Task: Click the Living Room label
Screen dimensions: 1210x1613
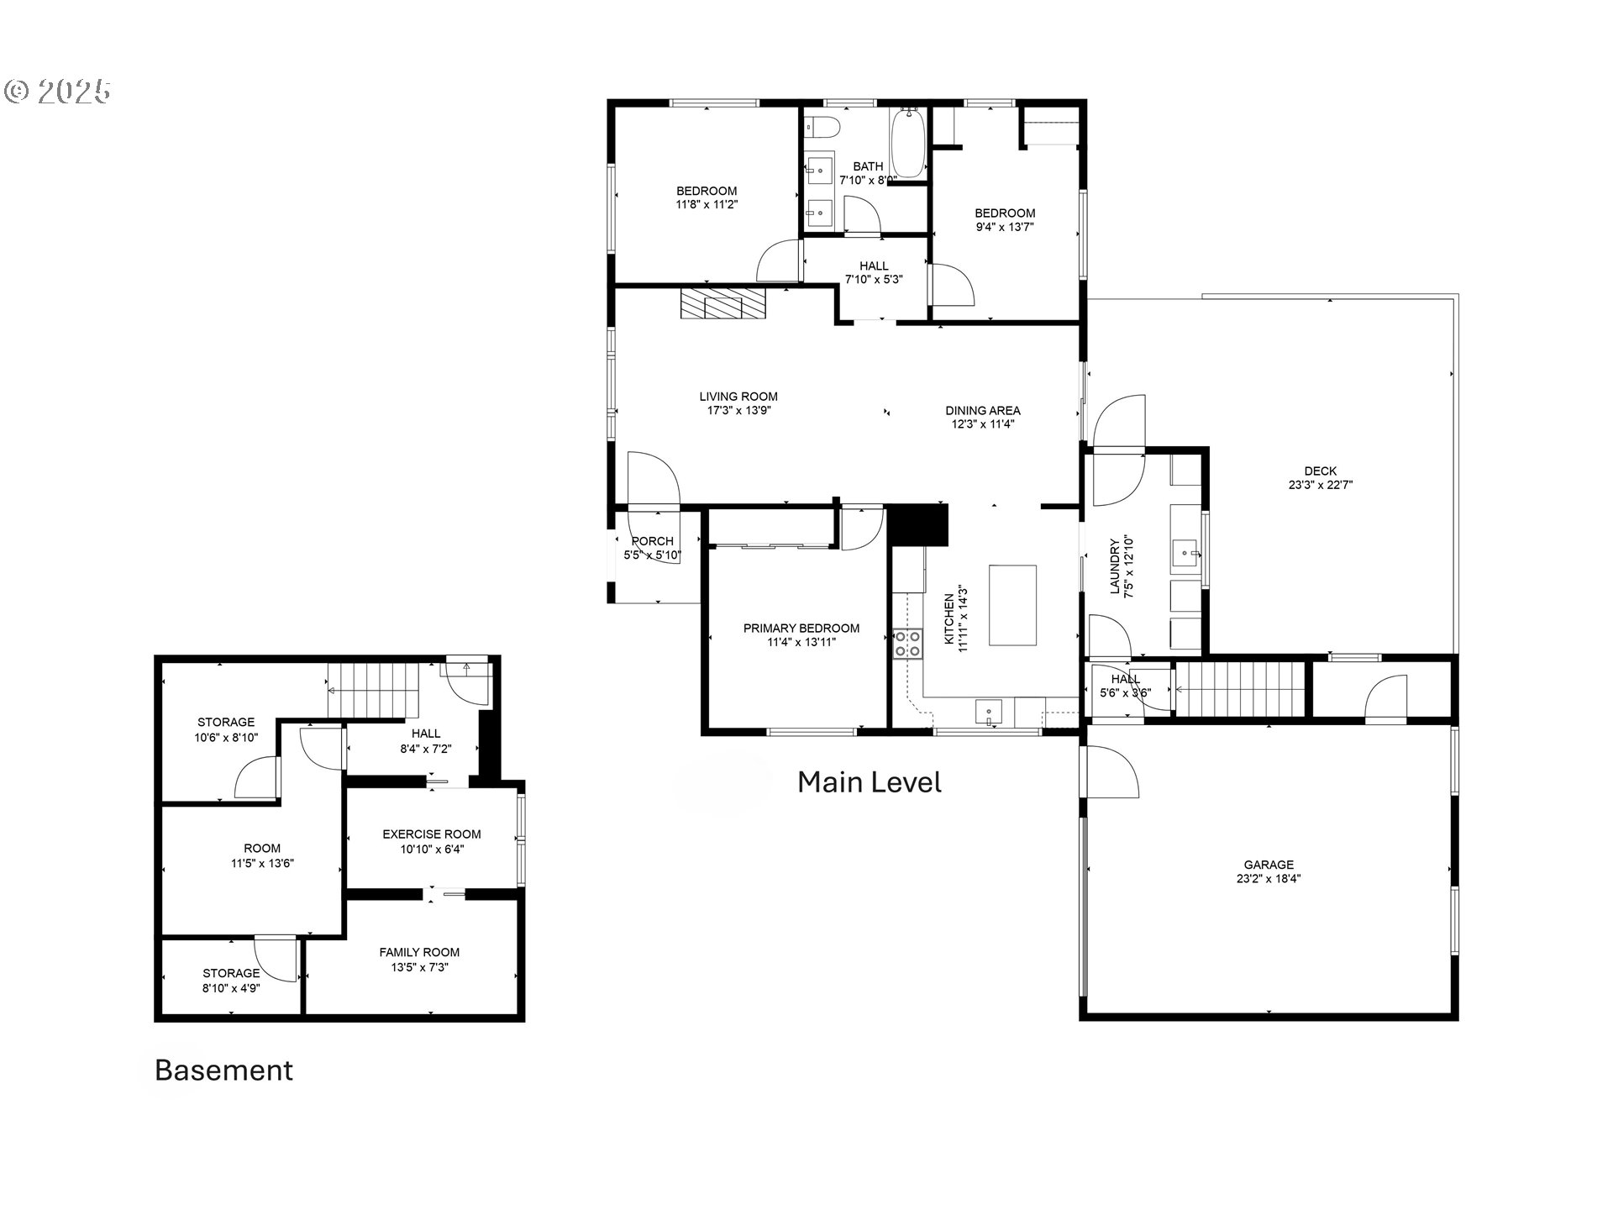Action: (738, 397)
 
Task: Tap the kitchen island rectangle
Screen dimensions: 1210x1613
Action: (1012, 605)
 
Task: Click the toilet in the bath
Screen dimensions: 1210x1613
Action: (822, 128)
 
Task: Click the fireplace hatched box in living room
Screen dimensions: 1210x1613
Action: (723, 304)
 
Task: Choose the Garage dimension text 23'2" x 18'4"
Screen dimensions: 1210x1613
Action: (1269, 879)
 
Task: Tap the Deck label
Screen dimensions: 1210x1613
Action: (1320, 471)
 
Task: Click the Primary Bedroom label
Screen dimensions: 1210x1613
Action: (801, 629)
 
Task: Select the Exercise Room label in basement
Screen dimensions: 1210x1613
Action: (432, 834)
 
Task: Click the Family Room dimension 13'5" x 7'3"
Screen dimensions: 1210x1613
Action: (419, 967)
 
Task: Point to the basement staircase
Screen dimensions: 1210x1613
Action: (373, 689)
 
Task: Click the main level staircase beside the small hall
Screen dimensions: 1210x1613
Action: (1239, 689)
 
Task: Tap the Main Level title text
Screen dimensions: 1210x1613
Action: (869, 782)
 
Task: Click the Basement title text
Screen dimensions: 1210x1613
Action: (223, 1071)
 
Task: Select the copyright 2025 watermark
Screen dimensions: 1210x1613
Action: (58, 92)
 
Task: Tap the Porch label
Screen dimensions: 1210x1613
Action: (653, 541)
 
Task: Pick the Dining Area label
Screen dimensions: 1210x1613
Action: (983, 411)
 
